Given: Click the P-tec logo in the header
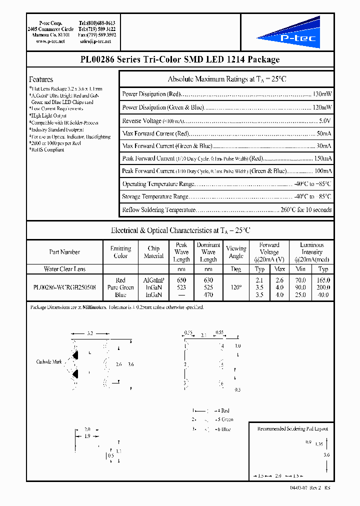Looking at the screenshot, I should pos(288,32).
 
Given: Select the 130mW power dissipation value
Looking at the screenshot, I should pos(322,94).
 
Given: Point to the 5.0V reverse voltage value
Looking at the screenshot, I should pos(325,120).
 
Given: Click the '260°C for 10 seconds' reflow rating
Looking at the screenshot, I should pos(305,209).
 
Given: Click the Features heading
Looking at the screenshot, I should pos(41,79).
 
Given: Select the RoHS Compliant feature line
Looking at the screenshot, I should pos(47,149).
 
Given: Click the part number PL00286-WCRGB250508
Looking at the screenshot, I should pos(64,287).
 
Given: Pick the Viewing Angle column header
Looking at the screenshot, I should pos(236,252).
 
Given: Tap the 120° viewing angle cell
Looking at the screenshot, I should pos(236,287).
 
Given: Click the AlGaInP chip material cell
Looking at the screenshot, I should pos(153,280).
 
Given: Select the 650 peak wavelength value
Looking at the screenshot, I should pos(181,280).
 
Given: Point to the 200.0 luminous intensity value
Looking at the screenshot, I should pos(323,287).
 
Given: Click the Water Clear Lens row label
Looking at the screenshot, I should pos(64,269).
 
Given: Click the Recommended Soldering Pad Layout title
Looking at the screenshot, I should pos(292,429).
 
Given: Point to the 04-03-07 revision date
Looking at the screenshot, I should pos(298,487).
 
